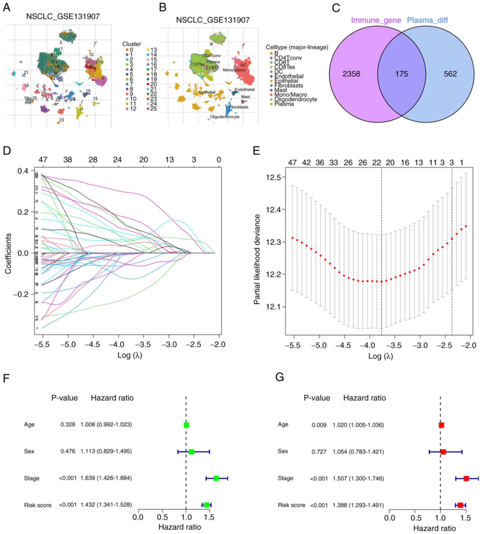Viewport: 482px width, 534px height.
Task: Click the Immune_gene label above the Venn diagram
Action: pos(376,20)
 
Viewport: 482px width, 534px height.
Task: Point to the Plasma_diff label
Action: pos(427,20)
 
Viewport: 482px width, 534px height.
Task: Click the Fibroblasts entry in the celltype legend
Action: pos(288,86)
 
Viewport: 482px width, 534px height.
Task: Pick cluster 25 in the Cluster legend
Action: pos(153,109)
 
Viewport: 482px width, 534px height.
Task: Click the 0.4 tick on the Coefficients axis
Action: pos(23,171)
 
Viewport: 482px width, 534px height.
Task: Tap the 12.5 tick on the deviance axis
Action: pos(273,177)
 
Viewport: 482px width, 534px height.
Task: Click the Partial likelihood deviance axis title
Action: pos(257,259)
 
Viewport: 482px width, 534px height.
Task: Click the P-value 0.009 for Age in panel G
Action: pos(319,425)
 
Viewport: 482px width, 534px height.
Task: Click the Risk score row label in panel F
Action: pos(38,505)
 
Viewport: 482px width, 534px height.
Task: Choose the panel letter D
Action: pos(7,151)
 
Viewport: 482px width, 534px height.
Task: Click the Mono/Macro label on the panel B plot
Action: pos(234,70)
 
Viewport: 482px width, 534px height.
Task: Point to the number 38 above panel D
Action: pos(68,160)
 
